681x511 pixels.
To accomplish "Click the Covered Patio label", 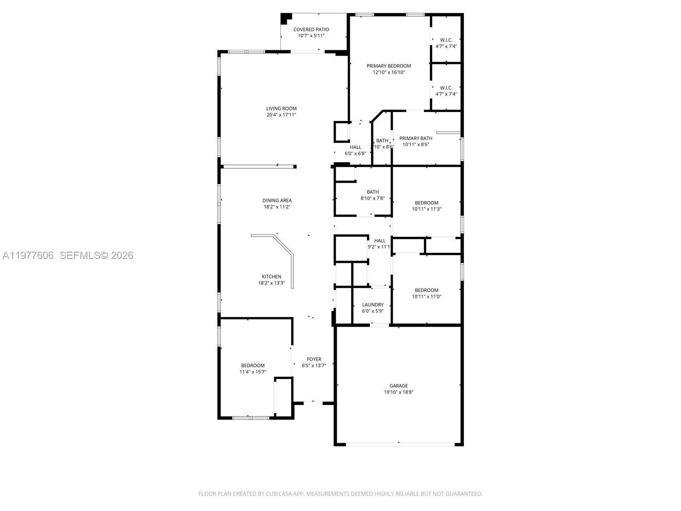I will [311, 29].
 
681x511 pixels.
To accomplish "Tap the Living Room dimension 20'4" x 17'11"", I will [281, 115].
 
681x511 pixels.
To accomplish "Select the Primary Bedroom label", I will [389, 66].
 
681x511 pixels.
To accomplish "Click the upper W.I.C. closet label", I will [446, 40].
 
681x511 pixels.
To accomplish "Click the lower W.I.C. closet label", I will [446, 88].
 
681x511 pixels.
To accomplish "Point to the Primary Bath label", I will [415, 138].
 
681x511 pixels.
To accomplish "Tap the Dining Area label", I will [277, 201].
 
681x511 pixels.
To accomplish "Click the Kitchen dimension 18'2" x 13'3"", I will [271, 283].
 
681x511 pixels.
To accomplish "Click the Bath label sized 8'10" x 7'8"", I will [372, 192].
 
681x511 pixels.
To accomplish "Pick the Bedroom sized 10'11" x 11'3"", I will [426, 203].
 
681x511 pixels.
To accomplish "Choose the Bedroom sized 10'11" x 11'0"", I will [426, 290].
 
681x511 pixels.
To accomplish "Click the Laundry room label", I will [373, 305].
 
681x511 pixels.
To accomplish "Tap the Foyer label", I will [314, 359].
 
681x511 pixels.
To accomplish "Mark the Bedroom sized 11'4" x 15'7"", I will [253, 366].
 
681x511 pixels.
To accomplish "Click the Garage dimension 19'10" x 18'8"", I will [398, 392].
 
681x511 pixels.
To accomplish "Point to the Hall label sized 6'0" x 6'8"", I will [355, 147].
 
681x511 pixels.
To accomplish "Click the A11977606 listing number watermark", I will [28, 255].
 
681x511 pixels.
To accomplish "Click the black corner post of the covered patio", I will [286, 18].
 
